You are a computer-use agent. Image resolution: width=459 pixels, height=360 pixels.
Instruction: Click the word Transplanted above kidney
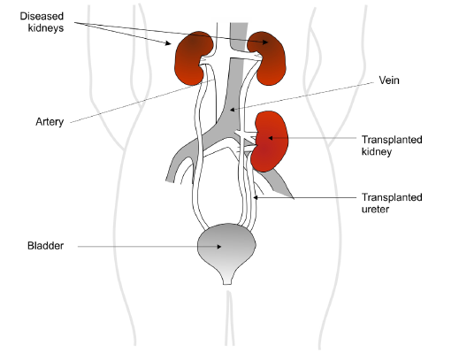click(x=393, y=139)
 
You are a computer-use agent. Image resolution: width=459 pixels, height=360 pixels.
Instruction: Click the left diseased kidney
click(x=194, y=58)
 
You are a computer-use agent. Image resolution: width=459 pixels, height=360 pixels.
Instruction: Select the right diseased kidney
click(x=268, y=54)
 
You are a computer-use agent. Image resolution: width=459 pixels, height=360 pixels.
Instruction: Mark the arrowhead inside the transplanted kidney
click(x=265, y=138)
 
